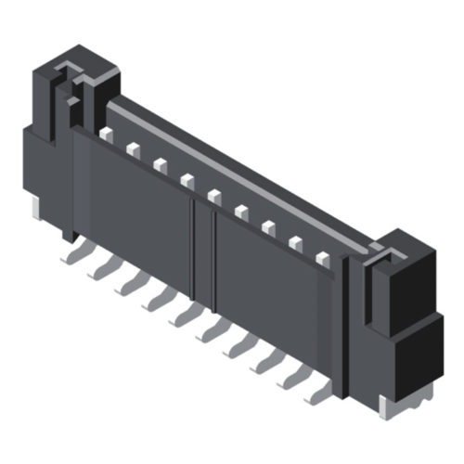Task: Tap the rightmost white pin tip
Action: (x=323, y=260)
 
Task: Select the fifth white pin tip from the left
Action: (x=214, y=196)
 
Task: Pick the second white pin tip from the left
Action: (x=133, y=148)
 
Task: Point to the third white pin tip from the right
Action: (x=269, y=227)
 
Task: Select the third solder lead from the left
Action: (x=127, y=285)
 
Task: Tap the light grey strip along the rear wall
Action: (x=241, y=176)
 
